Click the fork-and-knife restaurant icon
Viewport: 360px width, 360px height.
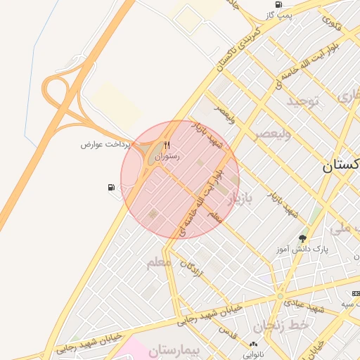point(167,146)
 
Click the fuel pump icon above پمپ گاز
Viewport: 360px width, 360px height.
point(279,4)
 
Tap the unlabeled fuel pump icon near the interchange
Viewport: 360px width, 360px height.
point(110,187)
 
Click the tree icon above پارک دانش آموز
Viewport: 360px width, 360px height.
point(303,238)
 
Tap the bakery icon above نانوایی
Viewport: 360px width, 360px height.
point(253,344)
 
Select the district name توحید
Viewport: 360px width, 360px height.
point(302,101)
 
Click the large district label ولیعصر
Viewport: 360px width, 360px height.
point(272,133)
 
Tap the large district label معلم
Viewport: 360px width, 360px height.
point(159,263)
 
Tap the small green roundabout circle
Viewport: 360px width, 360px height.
point(280,297)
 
